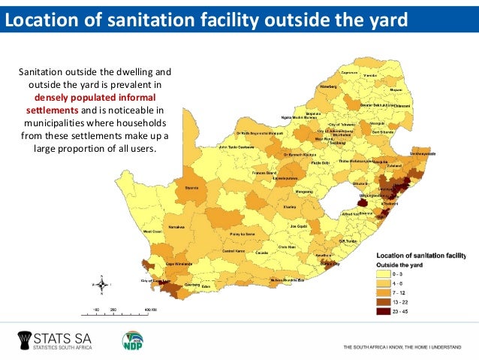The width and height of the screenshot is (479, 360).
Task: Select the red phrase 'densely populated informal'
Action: pyautogui.click(x=95, y=98)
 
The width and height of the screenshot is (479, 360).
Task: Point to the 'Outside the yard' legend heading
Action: pyautogui.click(x=401, y=265)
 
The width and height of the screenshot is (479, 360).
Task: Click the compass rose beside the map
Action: pyautogui.click(x=101, y=286)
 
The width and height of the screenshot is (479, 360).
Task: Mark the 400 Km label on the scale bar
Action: pyautogui.click(x=150, y=309)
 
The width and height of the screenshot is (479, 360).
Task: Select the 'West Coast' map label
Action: pyautogui.click(x=153, y=231)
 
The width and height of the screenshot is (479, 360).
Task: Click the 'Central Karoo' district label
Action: pyautogui.click(x=234, y=251)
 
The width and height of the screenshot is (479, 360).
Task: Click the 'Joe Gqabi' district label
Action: pyautogui.click(x=299, y=226)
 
